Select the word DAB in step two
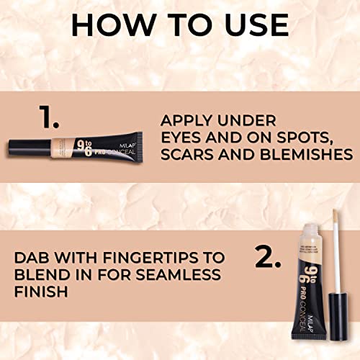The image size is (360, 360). point(38,257)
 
